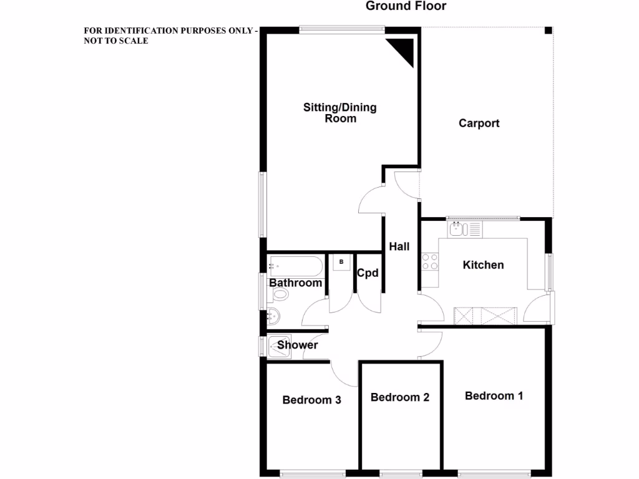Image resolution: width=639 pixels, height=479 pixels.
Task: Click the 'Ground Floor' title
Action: tap(406, 6)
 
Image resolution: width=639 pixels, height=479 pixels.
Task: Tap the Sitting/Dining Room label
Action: tap(340, 112)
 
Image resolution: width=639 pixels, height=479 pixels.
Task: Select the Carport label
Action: tap(479, 123)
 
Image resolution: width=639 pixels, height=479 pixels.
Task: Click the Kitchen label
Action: tap(483, 265)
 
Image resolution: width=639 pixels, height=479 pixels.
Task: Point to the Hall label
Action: tap(399, 246)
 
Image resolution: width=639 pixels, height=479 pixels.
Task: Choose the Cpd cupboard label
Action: tap(368, 273)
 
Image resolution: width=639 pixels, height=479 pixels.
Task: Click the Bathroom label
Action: tap(296, 283)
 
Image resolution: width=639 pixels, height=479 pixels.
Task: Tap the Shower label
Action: tap(298, 345)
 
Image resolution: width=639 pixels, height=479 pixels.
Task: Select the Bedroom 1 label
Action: tap(494, 395)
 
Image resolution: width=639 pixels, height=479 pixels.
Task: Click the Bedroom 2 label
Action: tap(400, 397)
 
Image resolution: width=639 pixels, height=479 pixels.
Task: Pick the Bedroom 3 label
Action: tap(311, 400)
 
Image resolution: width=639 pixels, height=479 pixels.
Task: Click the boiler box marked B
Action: tap(341, 263)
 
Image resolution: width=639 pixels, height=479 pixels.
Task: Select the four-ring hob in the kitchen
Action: tap(430, 261)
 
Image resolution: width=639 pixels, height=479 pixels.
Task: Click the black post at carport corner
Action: tap(548, 31)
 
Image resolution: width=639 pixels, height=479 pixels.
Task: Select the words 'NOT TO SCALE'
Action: tap(116, 41)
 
